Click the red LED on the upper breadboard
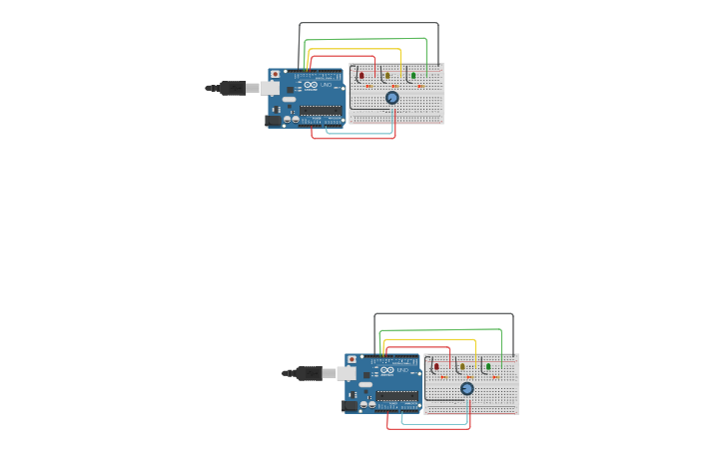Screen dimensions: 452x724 [362, 75]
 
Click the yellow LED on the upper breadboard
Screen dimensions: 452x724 [386, 75]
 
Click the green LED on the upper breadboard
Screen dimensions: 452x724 [412, 75]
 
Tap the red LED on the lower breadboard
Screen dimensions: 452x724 [436, 366]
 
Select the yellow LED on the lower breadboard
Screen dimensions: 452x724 [462, 366]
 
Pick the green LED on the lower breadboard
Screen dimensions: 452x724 [488, 366]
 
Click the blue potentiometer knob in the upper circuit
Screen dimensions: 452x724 [392, 98]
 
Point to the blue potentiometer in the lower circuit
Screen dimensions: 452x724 [467, 388]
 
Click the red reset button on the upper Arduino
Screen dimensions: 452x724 [276, 74]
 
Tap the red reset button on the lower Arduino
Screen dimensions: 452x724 [352, 359]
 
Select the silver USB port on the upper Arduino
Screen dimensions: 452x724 [271, 88]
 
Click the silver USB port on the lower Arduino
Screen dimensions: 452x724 [347, 373]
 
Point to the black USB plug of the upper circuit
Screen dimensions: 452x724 [233, 88]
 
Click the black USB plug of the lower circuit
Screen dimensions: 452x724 [308, 373]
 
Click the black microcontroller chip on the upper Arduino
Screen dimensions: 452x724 [320, 110]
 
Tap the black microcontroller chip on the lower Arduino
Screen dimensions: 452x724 [396, 395]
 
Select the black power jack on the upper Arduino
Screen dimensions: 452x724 [273, 120]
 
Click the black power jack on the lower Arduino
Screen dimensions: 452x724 [350, 405]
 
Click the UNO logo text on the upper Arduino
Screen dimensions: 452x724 [326, 85]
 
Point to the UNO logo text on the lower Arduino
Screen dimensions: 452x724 [401, 370]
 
